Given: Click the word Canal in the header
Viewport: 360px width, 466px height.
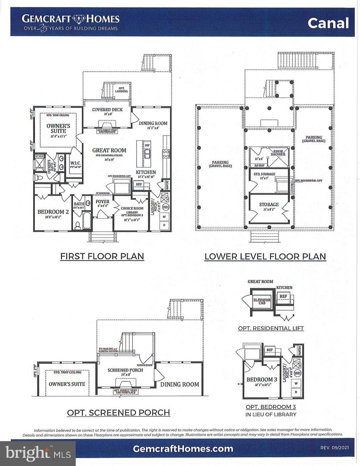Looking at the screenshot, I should click(x=328, y=23).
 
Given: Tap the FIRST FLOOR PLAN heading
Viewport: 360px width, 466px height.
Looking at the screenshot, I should click(x=102, y=256).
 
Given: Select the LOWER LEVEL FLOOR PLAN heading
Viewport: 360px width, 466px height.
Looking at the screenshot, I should click(x=265, y=257).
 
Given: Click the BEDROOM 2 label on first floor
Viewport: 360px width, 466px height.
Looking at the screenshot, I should click(x=53, y=211).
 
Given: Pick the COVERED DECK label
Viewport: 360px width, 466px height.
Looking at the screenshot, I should click(x=107, y=110).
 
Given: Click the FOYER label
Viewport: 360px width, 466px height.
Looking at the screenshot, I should click(x=102, y=202).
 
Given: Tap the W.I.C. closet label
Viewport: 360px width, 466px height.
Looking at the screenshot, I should click(x=76, y=163).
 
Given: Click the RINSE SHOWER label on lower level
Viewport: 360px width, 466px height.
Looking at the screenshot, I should click(x=277, y=153).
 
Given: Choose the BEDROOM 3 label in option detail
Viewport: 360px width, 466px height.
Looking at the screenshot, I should click(x=259, y=380).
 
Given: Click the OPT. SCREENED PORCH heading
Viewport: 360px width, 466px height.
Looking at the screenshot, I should click(x=118, y=412).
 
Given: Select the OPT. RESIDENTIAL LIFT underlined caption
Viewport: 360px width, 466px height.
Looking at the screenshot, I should click(x=271, y=328).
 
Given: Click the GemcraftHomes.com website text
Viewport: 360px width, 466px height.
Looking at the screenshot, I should click(x=183, y=449).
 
